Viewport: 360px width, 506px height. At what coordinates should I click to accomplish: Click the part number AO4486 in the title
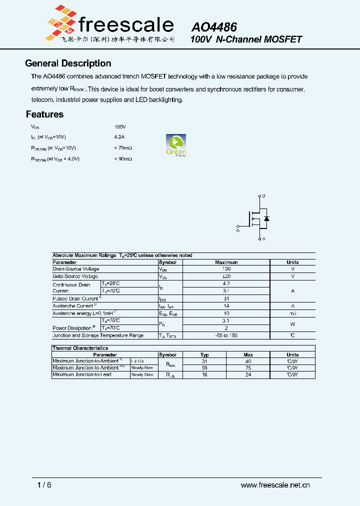(x=214, y=27)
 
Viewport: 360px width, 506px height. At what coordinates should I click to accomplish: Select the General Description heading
(x=68, y=63)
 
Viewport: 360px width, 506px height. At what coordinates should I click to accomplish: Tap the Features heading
(x=44, y=114)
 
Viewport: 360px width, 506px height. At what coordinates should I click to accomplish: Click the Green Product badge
(x=176, y=145)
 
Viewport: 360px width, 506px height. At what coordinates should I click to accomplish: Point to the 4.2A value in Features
(x=119, y=136)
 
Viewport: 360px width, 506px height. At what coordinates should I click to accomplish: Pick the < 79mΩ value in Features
(x=123, y=148)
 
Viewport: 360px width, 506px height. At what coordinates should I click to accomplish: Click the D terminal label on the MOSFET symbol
(x=263, y=196)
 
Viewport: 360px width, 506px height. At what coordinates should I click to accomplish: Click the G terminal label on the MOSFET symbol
(x=238, y=230)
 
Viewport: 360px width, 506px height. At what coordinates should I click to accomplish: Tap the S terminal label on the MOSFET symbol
(x=263, y=239)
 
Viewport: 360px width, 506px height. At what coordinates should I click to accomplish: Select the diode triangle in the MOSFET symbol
(x=266, y=218)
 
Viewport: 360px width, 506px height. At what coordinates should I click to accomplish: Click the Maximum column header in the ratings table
(x=226, y=262)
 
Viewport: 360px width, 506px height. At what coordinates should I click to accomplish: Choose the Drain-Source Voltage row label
(x=76, y=269)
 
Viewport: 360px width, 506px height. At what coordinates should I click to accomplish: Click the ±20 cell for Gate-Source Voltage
(x=226, y=276)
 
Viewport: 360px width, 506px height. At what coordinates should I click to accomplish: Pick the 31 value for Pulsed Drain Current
(x=226, y=298)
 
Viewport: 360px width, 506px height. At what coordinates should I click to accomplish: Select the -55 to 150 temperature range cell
(x=226, y=335)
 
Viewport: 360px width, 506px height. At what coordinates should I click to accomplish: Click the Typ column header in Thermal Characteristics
(x=204, y=354)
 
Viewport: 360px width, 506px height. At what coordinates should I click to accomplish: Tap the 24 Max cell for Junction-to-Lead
(x=248, y=374)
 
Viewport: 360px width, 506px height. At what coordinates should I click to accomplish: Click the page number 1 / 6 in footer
(x=44, y=485)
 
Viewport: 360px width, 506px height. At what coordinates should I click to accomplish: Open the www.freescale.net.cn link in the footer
(x=275, y=485)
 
